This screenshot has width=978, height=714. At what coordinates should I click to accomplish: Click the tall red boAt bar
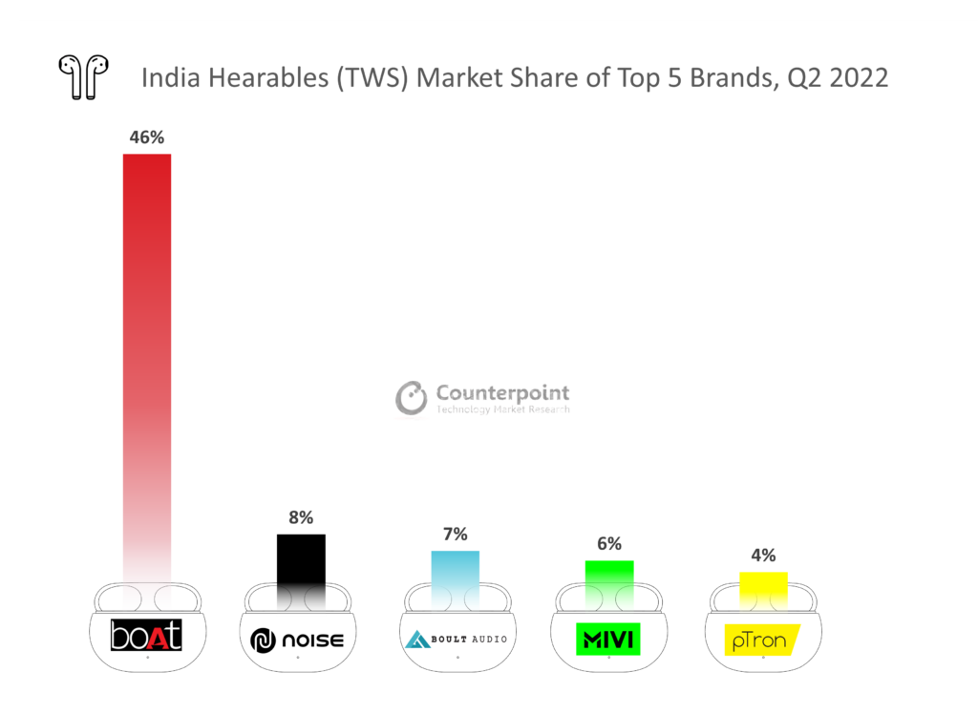tap(147, 363)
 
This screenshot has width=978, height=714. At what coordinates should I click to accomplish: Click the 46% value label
tap(147, 137)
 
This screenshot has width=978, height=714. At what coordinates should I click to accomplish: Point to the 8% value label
tap(301, 517)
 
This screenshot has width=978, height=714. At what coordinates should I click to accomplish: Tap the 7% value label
tap(455, 535)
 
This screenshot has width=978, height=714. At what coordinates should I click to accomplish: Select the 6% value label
tap(609, 544)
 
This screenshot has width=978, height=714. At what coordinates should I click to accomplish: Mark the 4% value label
tap(763, 556)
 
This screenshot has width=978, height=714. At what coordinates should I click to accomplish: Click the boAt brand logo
tap(146, 637)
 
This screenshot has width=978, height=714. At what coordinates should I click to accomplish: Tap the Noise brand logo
tap(297, 640)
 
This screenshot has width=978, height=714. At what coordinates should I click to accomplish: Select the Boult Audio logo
tap(456, 638)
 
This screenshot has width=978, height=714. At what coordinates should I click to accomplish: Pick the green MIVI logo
tap(608, 638)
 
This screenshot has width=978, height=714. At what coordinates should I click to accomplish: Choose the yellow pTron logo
tap(761, 640)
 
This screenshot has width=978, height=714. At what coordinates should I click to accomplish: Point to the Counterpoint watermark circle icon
tap(412, 398)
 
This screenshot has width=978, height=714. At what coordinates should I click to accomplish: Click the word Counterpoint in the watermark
tap(502, 392)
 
